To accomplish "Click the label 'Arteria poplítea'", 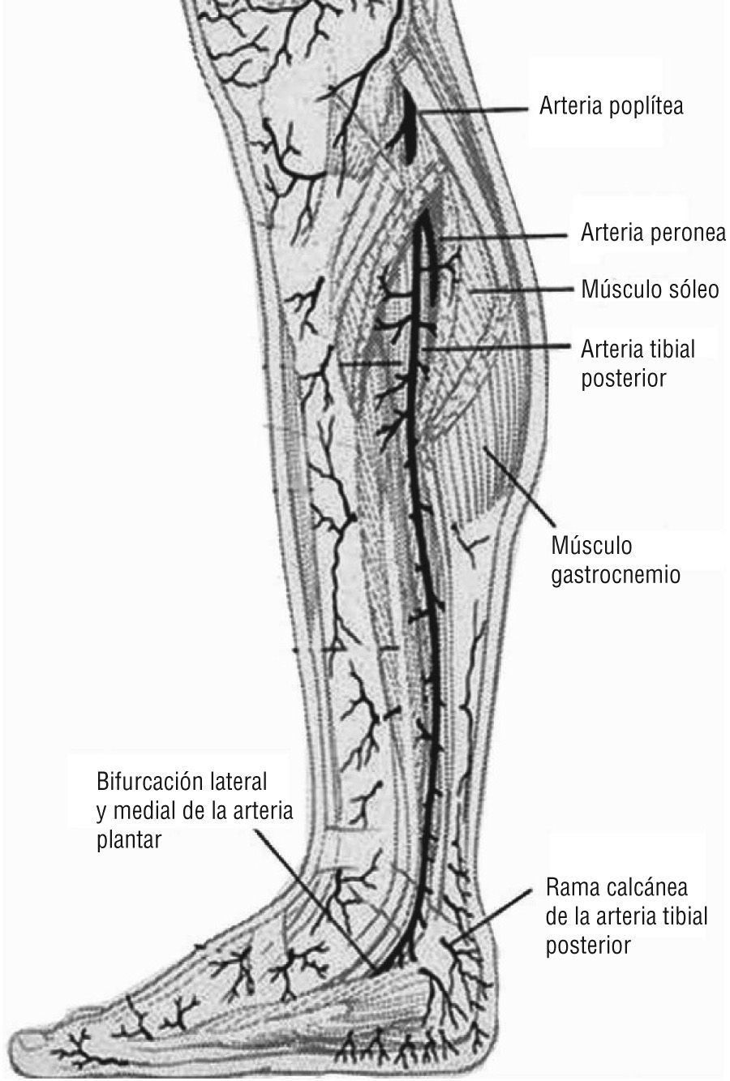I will point(611,106).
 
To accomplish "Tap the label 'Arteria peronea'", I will point(652,234).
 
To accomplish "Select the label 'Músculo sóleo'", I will point(650,290).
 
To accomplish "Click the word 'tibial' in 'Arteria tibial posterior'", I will point(672,350).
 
